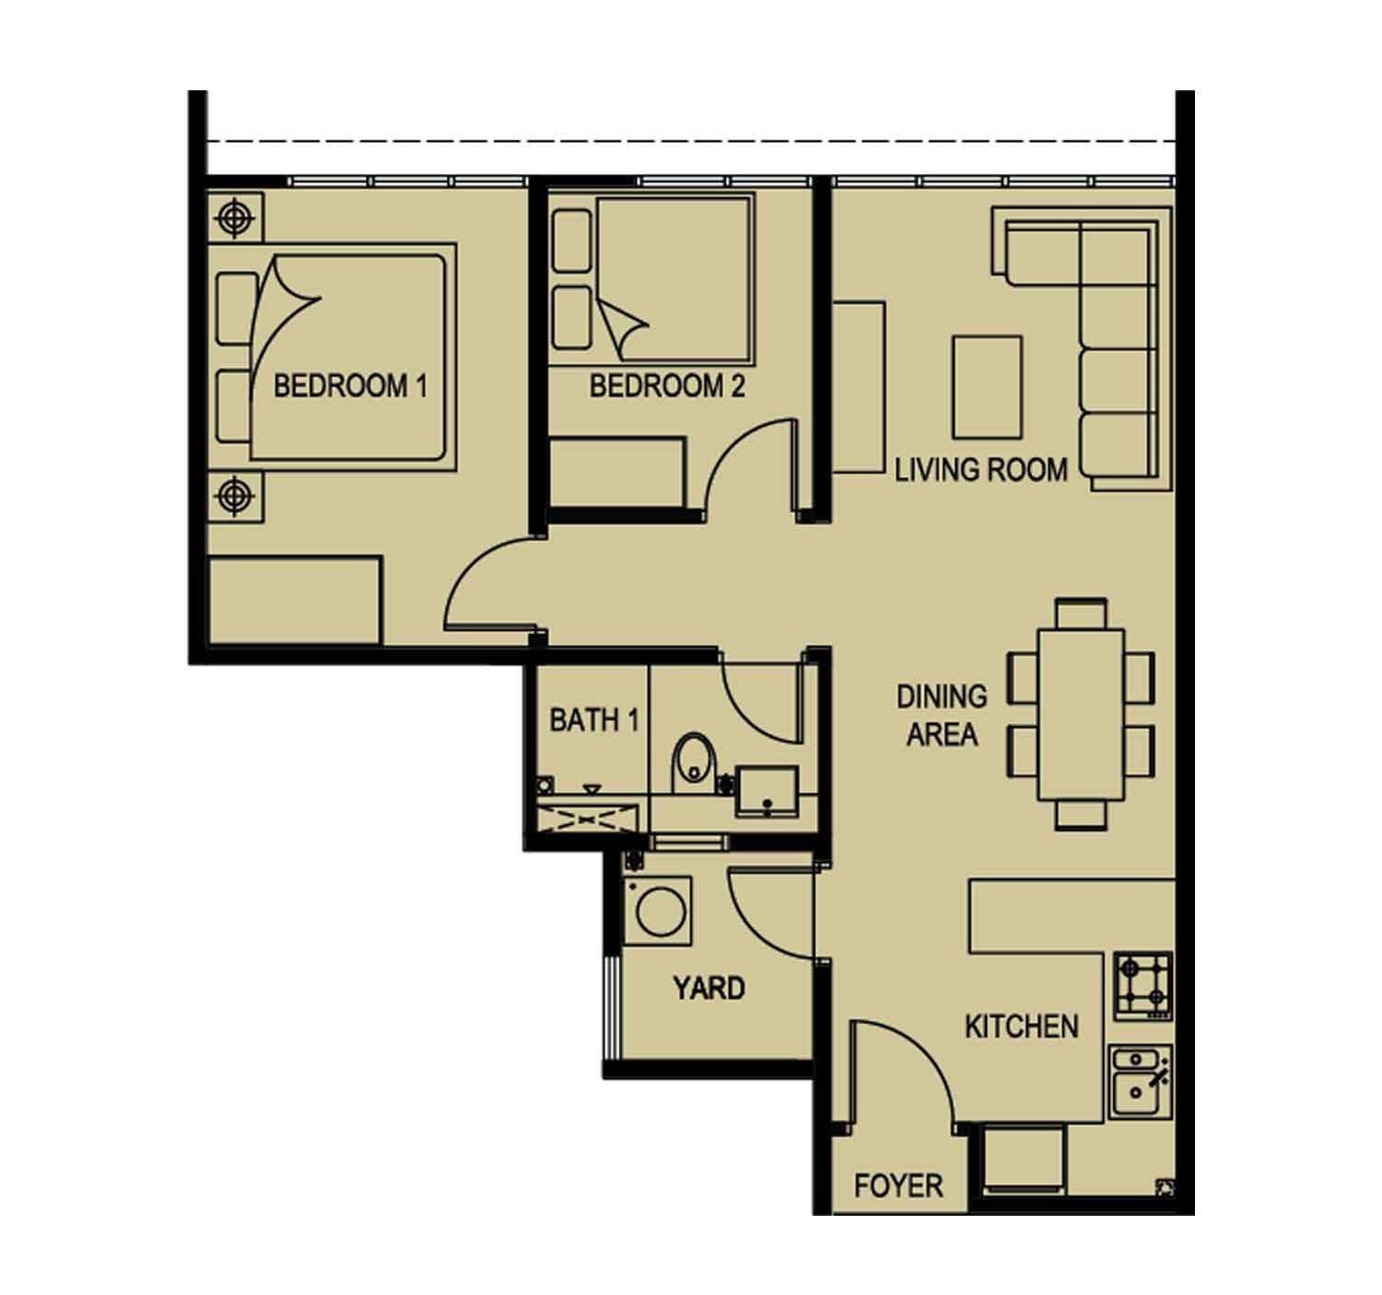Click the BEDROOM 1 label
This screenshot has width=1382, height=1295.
(350, 386)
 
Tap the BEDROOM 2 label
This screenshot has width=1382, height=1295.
(667, 386)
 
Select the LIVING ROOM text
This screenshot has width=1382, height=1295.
(980, 471)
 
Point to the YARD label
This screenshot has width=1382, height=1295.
(709, 988)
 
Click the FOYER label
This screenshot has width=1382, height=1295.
(898, 1185)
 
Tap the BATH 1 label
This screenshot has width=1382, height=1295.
(593, 720)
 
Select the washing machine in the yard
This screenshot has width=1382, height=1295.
(657, 910)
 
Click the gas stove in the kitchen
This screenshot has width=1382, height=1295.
(1143, 986)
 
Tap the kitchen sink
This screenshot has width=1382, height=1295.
(1140, 1082)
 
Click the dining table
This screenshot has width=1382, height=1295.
(1081, 715)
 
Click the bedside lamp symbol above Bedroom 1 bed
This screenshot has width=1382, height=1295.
(235, 218)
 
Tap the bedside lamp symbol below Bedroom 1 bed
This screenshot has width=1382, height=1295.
(235, 496)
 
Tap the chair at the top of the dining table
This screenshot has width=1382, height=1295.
(1081, 613)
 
